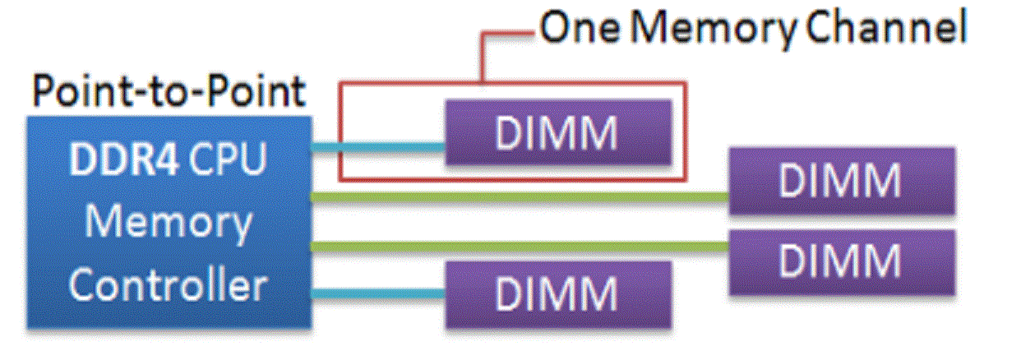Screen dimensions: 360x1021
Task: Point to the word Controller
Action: pyautogui.click(x=168, y=284)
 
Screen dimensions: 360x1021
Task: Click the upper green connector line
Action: pyautogui.click(x=518, y=196)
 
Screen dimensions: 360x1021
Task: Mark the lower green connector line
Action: pyautogui.click(x=518, y=245)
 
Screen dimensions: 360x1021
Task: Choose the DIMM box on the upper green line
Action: pyautogui.click(x=842, y=181)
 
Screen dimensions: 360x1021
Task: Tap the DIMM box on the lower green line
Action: pyautogui.click(x=842, y=261)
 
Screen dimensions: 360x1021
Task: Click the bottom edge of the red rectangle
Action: pyautogui.click(x=511, y=178)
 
